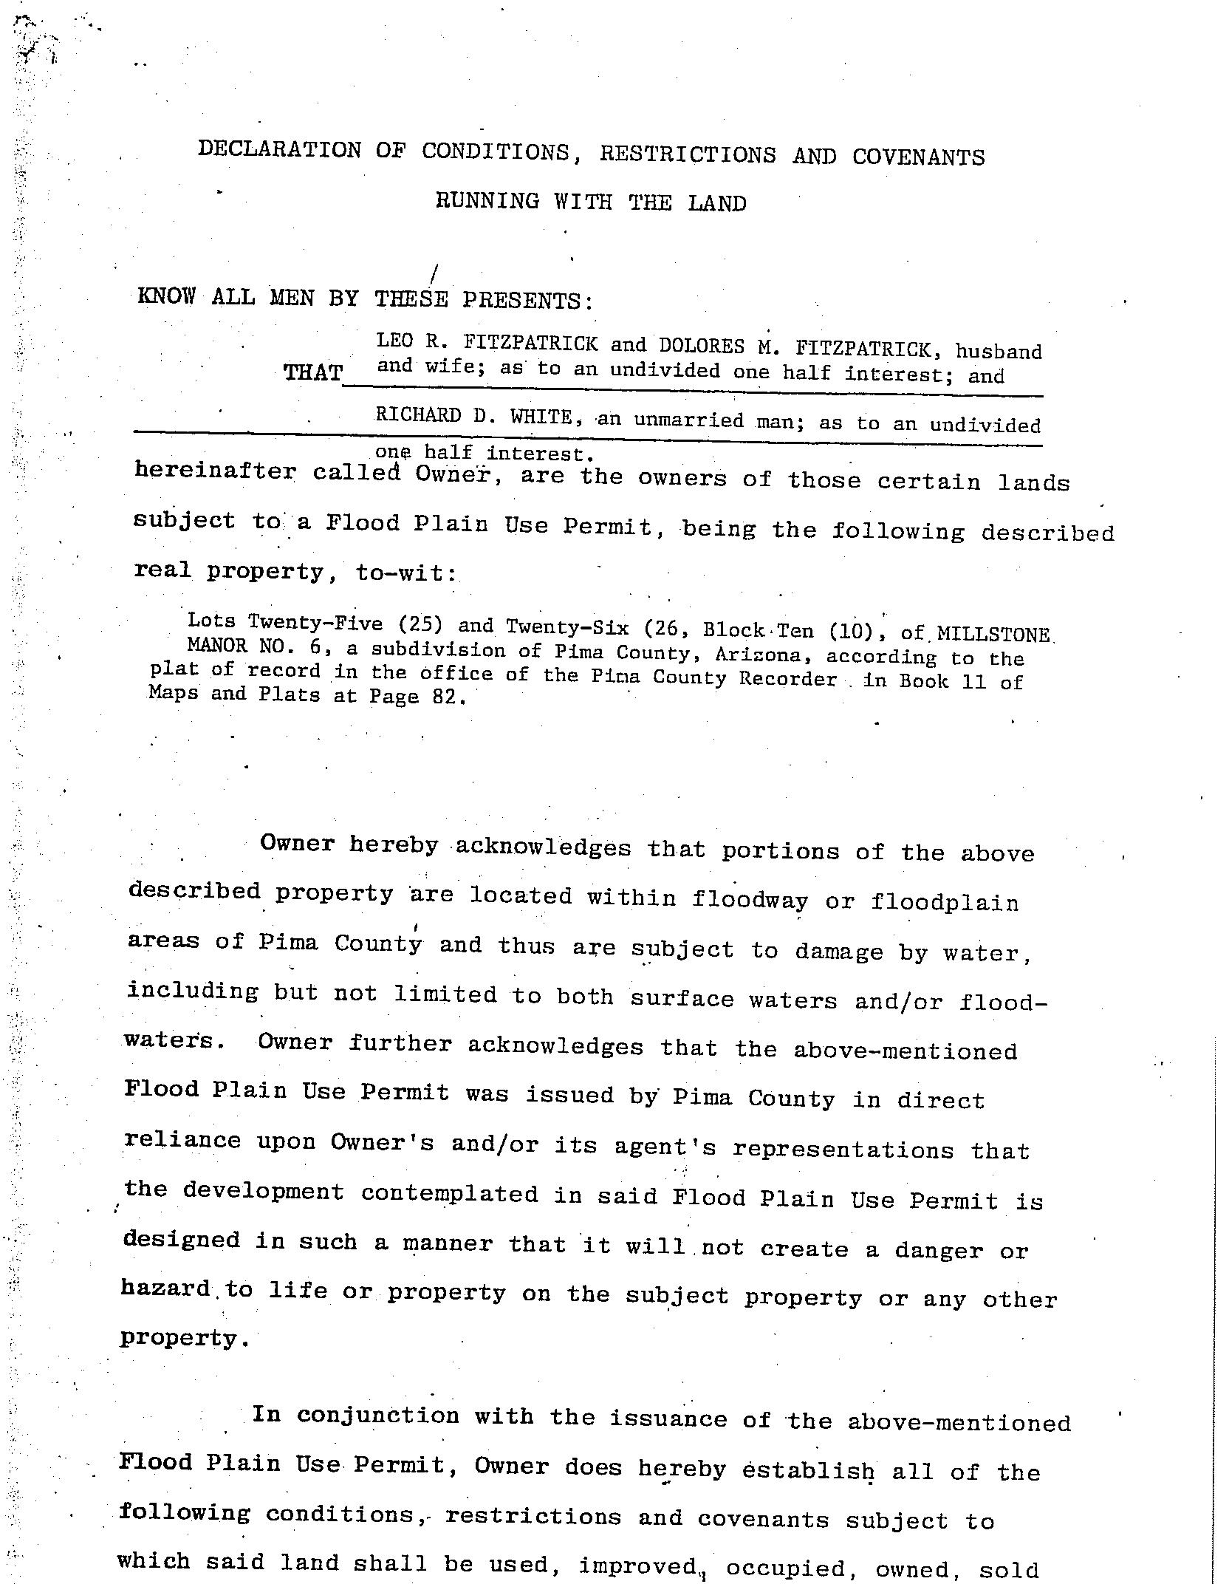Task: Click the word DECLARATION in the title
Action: (279, 150)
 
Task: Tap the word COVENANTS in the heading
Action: (918, 157)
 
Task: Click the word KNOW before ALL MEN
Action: (167, 297)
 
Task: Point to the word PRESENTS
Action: (527, 300)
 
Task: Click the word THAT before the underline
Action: (313, 372)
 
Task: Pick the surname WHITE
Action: (541, 417)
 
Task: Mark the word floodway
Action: (749, 898)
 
